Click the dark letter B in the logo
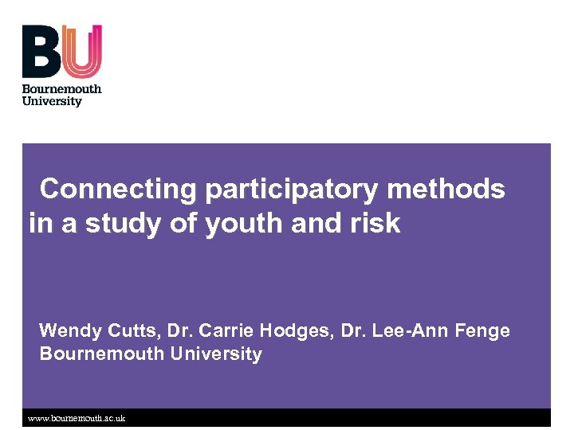tap(41, 51)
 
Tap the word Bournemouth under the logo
tap(61, 89)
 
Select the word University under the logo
tap(52, 102)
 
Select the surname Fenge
tap(482, 330)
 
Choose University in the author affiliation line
tap(217, 354)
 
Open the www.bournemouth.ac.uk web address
tap(77, 418)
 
